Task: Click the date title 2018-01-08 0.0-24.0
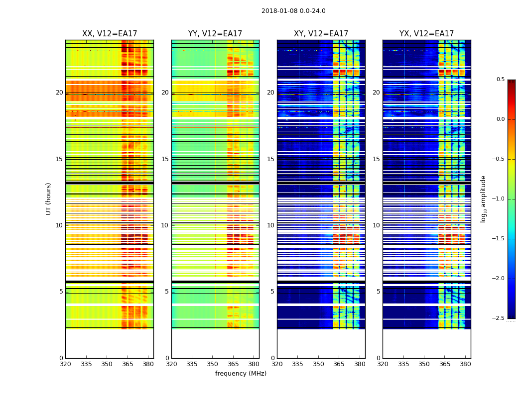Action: coord(293,11)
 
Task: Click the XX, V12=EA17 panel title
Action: coord(110,34)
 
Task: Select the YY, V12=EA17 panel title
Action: coord(215,34)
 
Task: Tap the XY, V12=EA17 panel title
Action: coord(321,34)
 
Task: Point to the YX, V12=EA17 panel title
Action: coord(426,34)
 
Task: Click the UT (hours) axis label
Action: coord(48,199)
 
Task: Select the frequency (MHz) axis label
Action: coord(241,374)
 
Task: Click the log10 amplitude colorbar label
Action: coord(483,199)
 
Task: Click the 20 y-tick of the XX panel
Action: coord(59,93)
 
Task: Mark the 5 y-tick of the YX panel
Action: coord(377,292)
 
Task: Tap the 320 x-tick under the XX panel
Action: coord(65,364)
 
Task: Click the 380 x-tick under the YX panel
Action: coord(465,364)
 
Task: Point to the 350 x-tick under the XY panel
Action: coord(318,364)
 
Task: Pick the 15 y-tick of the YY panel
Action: coord(165,159)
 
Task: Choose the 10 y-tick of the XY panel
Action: coord(271,225)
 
